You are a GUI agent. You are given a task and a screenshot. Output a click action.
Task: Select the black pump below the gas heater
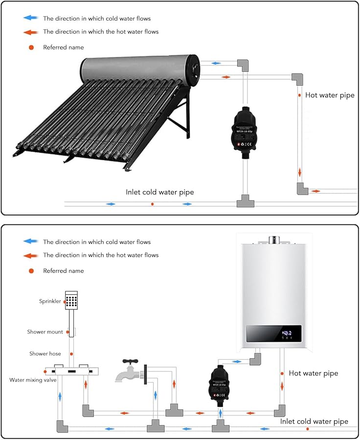click(x=220, y=384)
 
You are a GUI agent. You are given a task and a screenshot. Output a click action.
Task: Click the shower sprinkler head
click(x=72, y=300)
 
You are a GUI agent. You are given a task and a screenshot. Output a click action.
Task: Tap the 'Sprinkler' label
click(x=50, y=301)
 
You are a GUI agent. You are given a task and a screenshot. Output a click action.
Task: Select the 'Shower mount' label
click(x=45, y=332)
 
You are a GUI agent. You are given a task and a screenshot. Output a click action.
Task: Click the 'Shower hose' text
click(x=45, y=353)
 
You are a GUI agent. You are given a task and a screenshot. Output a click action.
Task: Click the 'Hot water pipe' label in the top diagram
click(x=330, y=95)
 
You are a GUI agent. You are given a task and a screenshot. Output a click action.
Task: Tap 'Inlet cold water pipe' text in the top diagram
click(x=159, y=192)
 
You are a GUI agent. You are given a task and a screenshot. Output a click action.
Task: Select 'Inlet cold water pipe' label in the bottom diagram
click(x=314, y=421)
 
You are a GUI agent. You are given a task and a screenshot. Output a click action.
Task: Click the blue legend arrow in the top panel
click(x=30, y=19)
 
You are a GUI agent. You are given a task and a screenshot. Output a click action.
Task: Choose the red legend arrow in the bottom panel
click(x=30, y=255)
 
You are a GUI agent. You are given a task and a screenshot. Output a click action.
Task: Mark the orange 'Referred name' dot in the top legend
click(x=31, y=47)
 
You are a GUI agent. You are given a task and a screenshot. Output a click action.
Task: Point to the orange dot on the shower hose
click(x=71, y=353)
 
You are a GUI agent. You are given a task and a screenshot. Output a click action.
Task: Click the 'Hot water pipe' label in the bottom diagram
click(x=313, y=373)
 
